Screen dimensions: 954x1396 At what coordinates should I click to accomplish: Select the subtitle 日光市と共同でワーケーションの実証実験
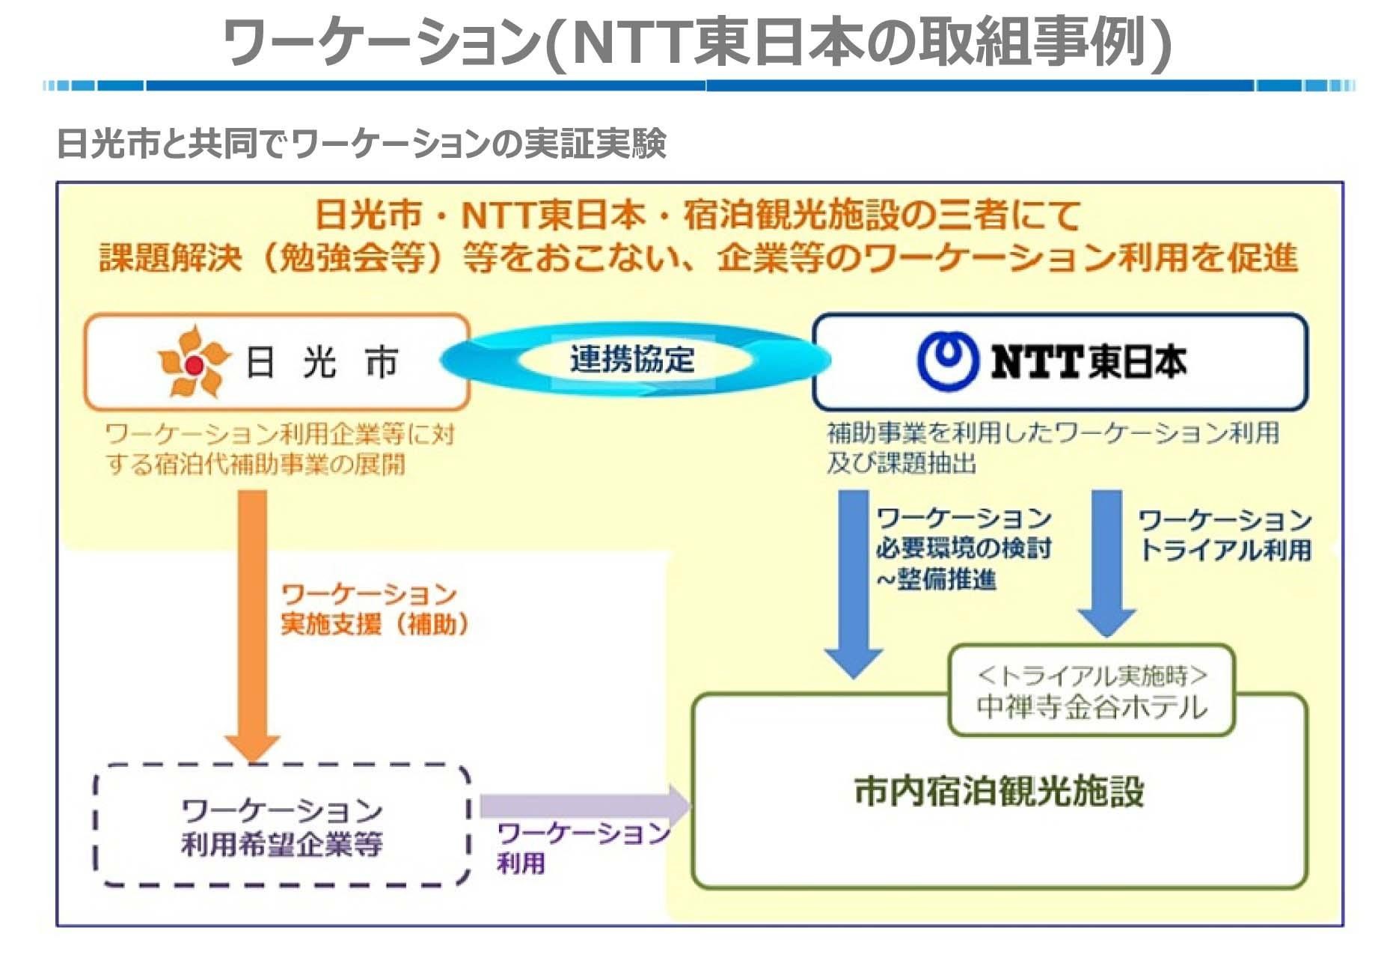(x=361, y=143)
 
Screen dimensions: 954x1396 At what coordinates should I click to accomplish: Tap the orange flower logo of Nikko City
(x=193, y=363)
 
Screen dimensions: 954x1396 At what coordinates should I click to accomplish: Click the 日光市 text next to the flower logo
(x=322, y=363)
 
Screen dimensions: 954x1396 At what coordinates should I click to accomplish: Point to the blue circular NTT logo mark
(x=948, y=361)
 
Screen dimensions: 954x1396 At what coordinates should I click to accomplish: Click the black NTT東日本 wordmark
(x=1089, y=361)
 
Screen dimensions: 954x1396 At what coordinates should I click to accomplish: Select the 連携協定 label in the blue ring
(x=632, y=360)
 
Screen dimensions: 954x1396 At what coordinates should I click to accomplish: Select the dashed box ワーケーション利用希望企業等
(x=282, y=826)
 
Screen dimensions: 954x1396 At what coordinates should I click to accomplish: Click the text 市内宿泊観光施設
(x=999, y=791)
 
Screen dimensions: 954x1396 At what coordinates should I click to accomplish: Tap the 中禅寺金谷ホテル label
(x=1092, y=707)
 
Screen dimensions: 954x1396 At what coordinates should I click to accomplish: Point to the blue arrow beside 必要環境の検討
(x=853, y=580)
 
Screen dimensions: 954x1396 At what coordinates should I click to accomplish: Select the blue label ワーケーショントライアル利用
(x=1225, y=535)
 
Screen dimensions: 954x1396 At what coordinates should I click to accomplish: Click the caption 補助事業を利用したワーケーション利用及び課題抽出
(x=1052, y=447)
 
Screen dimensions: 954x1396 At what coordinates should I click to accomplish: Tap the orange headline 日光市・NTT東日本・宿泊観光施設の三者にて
(x=697, y=215)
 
